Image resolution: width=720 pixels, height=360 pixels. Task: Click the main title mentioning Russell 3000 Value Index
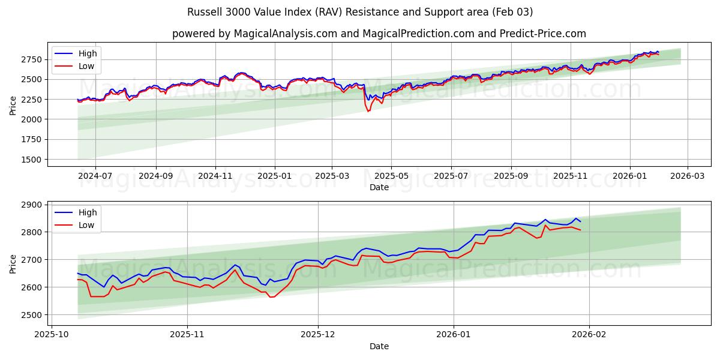(x=360, y=12)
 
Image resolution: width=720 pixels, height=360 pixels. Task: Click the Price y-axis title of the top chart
(x=13, y=105)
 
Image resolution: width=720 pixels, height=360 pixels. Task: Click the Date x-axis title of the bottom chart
(x=379, y=346)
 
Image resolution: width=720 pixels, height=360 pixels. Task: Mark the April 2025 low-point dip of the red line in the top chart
(x=368, y=111)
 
